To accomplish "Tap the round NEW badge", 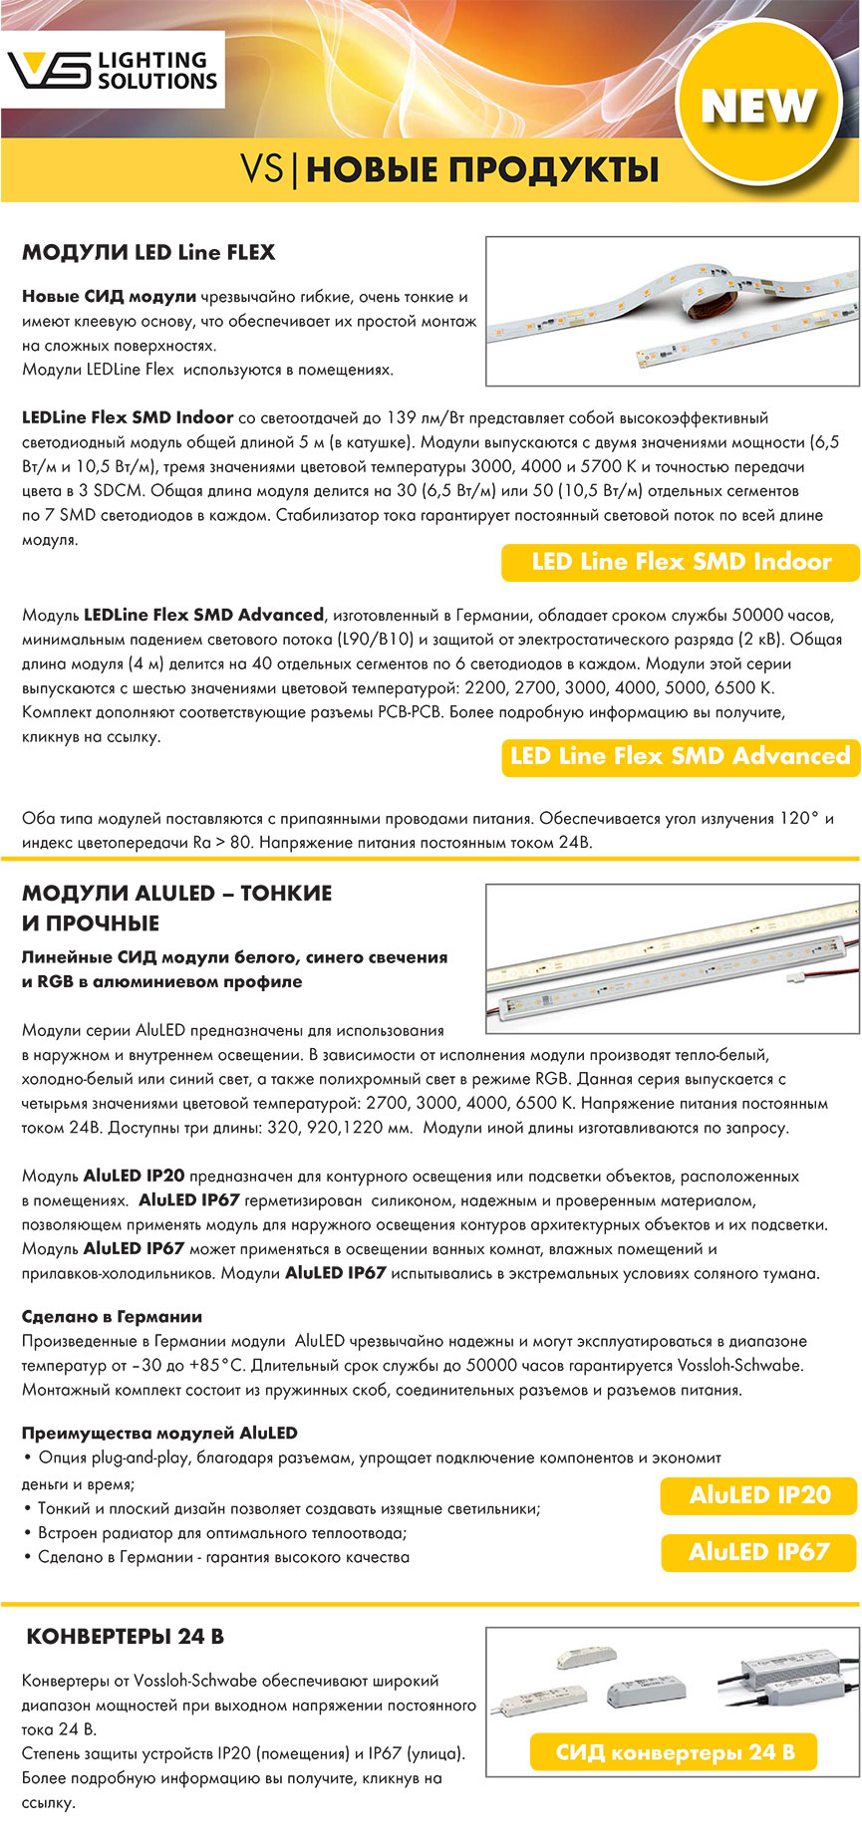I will [758, 105].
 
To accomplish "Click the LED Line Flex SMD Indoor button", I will [681, 562].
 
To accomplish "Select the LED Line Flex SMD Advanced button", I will [681, 756].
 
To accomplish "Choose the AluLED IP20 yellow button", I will [759, 1495].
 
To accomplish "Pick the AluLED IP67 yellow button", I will [759, 1552].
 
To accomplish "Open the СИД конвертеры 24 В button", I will [676, 1752].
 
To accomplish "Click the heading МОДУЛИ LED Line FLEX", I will [148, 252].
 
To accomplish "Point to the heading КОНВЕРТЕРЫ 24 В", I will [125, 1637].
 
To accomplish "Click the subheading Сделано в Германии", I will [112, 1316].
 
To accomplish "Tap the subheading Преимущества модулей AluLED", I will [159, 1433].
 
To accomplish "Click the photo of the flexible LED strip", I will [672, 311].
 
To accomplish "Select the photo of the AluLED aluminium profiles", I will [672, 957].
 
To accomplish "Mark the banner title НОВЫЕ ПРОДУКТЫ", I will [482, 169].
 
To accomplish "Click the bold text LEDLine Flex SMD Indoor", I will [128, 417].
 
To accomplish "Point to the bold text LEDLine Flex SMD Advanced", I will [204, 615].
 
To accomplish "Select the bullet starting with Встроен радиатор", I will [221, 1532].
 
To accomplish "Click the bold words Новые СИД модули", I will [109, 296].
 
